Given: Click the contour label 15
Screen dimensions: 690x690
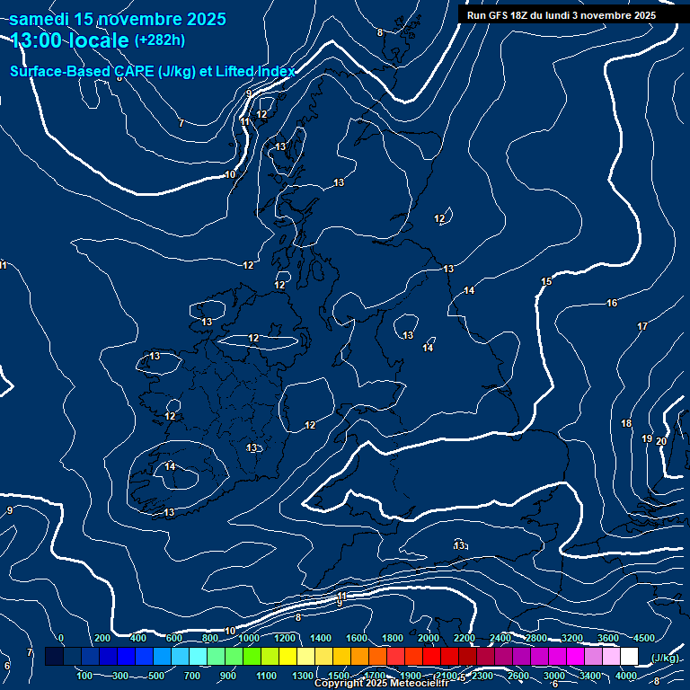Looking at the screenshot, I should click(546, 282).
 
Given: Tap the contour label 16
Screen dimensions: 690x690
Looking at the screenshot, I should click(612, 304).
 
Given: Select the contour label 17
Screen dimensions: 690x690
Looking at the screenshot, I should click(642, 326).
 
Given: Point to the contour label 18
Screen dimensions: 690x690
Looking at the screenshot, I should click(626, 423).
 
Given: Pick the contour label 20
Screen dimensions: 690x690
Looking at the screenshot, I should click(661, 441).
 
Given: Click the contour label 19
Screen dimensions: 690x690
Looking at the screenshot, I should click(647, 438).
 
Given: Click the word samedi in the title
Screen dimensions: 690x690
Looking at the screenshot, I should click(41, 19).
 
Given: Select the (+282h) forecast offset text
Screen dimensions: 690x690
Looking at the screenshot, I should click(160, 40).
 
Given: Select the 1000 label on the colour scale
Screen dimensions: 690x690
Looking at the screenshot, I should click(249, 638).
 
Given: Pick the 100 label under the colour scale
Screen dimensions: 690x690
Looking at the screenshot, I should click(85, 676).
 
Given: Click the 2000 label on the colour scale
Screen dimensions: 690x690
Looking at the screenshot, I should click(429, 638).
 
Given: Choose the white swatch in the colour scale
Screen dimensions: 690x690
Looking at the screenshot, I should click(629, 657).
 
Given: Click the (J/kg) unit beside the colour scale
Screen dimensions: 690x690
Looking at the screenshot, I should click(663, 658).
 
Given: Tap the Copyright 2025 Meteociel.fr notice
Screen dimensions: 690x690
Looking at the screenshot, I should click(380, 684).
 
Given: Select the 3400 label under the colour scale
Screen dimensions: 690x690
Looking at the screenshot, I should click(590, 676).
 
